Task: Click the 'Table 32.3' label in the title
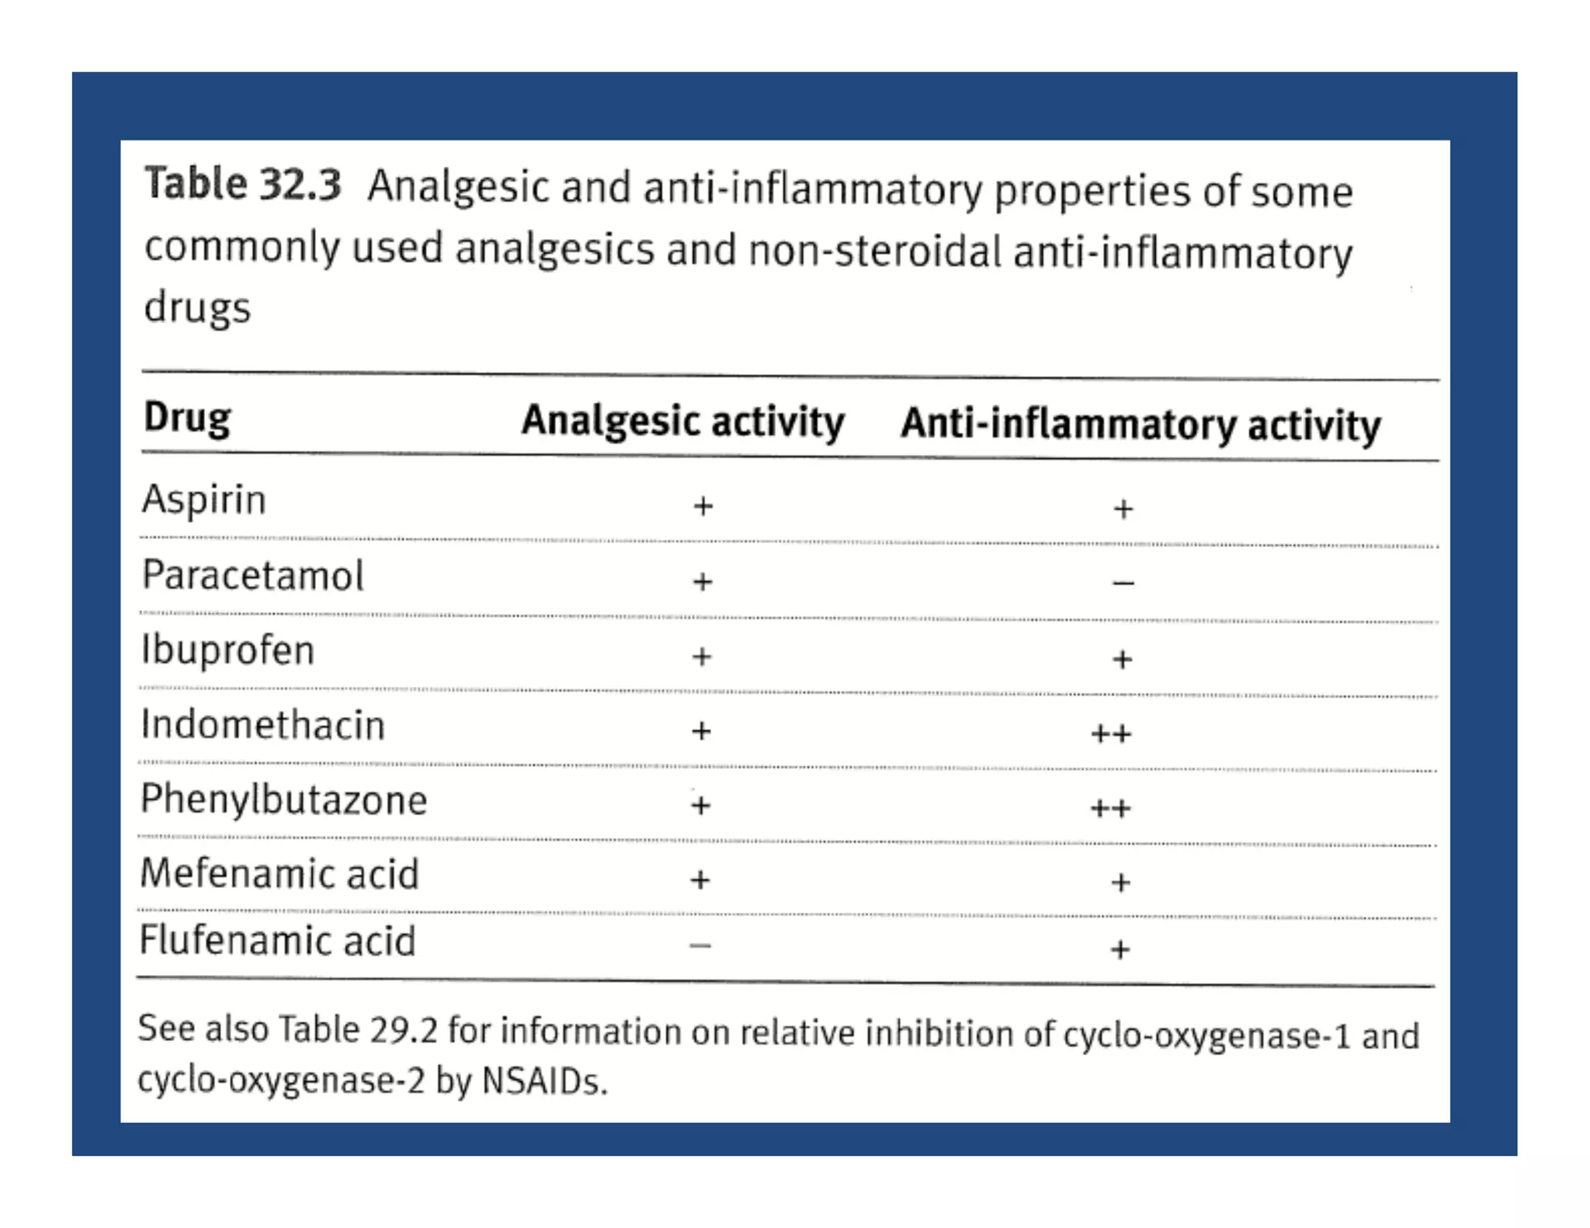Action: [x=242, y=186]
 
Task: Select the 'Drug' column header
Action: [x=187, y=418]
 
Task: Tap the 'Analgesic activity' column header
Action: [x=682, y=421]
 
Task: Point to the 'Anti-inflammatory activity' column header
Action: [x=1140, y=425]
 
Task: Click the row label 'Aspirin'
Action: [x=203, y=499]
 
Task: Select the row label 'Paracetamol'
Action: [x=252, y=576]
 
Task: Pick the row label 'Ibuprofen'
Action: [x=227, y=650]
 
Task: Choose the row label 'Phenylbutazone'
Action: [x=283, y=800]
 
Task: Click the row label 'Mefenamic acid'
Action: [x=279, y=874]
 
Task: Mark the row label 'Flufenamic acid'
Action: [x=277, y=942]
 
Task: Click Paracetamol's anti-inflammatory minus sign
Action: [x=1123, y=583]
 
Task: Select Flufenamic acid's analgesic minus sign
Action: [x=700, y=945]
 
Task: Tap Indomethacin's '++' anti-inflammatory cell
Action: [x=1111, y=734]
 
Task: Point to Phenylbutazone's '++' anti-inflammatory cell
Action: [x=1110, y=809]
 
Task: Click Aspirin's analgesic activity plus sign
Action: [x=703, y=506]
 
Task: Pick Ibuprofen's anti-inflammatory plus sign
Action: [x=1122, y=660]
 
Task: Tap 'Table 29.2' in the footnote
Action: [x=358, y=1030]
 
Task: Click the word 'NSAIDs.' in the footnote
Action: [x=544, y=1081]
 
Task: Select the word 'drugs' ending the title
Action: [x=197, y=308]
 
